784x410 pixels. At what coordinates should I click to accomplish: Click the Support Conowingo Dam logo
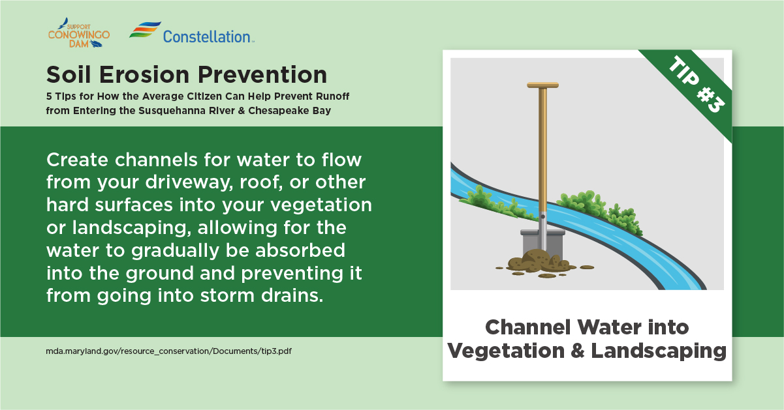coord(79,33)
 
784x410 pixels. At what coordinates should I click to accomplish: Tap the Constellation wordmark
coord(208,37)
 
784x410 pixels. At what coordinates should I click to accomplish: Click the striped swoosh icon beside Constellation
coord(145,30)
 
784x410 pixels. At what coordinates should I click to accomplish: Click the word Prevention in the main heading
coord(262,75)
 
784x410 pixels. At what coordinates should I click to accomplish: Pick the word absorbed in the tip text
coord(300,250)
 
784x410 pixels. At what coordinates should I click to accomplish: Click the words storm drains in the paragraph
coord(262,295)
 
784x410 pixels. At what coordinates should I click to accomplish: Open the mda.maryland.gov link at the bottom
coord(168,351)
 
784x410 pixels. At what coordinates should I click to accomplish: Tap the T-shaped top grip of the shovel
coord(542,85)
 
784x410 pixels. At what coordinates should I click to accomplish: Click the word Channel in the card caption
coord(528,327)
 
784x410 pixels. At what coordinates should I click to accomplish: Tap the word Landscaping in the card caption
coord(659,351)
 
